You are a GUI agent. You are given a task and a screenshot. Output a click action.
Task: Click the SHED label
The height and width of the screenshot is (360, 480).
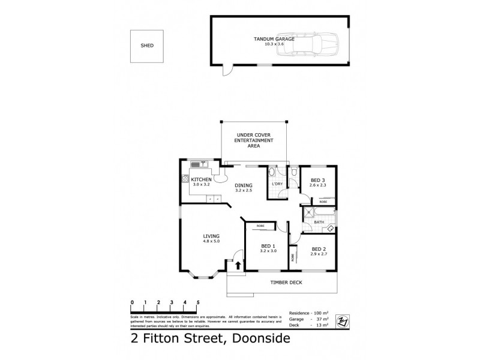pyautogui.click(x=146, y=45)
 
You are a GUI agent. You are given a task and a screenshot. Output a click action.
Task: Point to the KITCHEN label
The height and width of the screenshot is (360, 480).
pyautogui.click(x=201, y=180)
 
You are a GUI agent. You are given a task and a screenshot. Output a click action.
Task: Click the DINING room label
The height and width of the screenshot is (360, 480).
pyautogui.click(x=243, y=186)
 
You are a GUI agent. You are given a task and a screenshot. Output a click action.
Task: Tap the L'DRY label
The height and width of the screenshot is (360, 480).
pyautogui.click(x=277, y=184)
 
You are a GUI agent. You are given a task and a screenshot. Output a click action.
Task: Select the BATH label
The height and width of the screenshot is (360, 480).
pyautogui.click(x=319, y=223)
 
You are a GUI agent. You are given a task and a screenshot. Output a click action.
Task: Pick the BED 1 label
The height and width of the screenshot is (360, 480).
pyautogui.click(x=268, y=247)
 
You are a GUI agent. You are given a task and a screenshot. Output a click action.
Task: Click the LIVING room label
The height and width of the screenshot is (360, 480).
pyautogui.click(x=211, y=236)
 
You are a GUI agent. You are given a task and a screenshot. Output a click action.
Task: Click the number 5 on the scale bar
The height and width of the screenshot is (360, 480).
pyautogui.click(x=197, y=302)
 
